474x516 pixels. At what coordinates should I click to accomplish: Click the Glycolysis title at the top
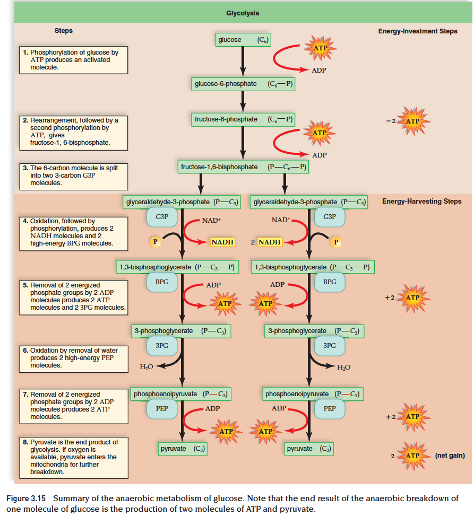243,13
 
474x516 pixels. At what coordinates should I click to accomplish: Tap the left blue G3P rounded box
162,217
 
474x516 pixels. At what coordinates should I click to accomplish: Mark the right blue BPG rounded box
330,282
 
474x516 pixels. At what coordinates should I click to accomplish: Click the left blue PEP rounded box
162,409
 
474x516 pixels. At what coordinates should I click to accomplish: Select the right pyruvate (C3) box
309,449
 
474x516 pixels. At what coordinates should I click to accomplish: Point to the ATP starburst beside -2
412,121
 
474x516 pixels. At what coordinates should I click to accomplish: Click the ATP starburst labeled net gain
412,456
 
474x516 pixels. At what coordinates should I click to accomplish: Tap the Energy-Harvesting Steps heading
421,202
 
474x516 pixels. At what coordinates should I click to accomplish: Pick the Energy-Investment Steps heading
418,31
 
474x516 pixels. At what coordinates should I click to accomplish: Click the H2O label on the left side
146,366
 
